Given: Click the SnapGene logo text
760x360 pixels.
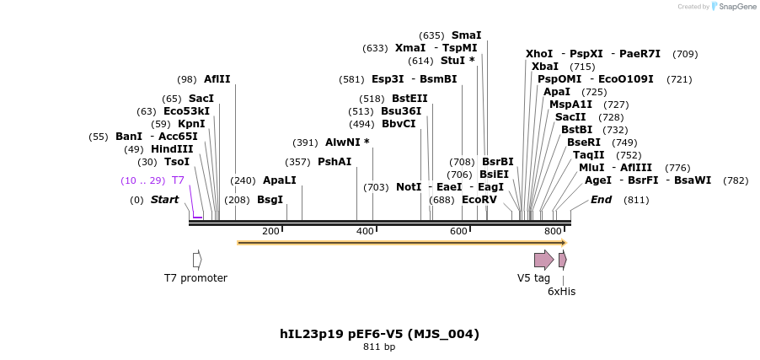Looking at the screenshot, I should pos(737,7).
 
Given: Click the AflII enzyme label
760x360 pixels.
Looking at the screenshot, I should pos(217,79).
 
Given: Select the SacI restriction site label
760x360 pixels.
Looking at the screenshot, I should pos(201,99).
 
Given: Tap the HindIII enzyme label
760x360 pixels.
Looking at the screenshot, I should pos(172,149).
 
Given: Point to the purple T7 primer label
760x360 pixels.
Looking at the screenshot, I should pos(178,180).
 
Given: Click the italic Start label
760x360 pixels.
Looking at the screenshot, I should pos(164,200).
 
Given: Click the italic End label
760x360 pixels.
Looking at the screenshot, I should pos(601,200).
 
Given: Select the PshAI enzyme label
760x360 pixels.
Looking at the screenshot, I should pos(335,162).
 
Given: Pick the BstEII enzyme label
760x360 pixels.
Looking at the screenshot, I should pos(409,99).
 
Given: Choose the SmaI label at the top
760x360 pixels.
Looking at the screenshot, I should pos(466,35).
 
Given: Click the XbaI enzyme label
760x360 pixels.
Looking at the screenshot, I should pos(545,67).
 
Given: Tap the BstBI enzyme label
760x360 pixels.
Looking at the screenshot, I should pos(582,130).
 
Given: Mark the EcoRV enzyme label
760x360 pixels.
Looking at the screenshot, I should pos(479,200).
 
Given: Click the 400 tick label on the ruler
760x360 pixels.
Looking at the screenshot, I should pos(365,231).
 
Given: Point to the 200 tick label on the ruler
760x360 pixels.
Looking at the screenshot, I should pos(270,231).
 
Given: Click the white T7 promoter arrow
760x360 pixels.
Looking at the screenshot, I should pos(197,260).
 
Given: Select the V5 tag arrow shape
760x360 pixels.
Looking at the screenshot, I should pos(543,260).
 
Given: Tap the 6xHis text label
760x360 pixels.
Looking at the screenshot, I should pos(561,292).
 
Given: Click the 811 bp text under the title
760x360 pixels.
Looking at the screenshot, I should pos(379,347).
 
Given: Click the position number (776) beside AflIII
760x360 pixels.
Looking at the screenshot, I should pos(677,168).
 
